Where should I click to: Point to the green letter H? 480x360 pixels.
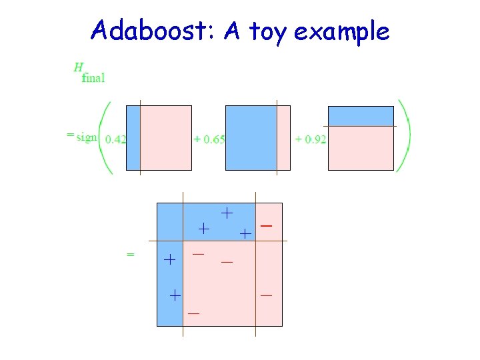coord(78,67)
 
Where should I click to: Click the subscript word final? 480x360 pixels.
coord(93,77)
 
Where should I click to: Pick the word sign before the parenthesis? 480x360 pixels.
coord(86,137)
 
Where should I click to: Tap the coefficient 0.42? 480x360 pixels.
coord(116,139)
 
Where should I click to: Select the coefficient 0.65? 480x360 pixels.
coord(209,139)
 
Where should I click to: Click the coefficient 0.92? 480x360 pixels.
coord(311,139)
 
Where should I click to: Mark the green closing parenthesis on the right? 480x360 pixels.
coord(404,137)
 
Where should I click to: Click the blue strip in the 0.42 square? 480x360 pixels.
coord(133,137)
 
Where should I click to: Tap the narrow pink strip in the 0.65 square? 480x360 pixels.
coord(283,137)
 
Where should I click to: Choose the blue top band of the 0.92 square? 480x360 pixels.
coord(361,116)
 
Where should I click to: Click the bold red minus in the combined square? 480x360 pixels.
coord(266,226)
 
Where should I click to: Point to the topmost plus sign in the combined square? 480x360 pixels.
coord(227,213)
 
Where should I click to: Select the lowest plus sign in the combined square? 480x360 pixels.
coord(174,293)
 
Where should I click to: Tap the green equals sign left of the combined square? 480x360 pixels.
coord(131,254)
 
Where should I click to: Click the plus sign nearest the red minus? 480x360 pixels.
coord(245,233)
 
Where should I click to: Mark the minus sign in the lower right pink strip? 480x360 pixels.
coord(266,294)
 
